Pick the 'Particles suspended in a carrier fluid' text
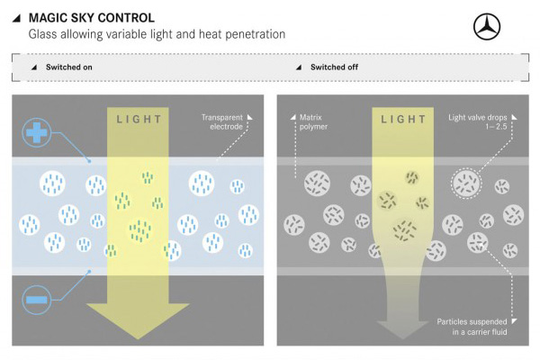475,328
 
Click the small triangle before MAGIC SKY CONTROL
19,17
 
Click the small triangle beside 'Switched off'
298,67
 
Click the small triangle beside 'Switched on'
33,67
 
